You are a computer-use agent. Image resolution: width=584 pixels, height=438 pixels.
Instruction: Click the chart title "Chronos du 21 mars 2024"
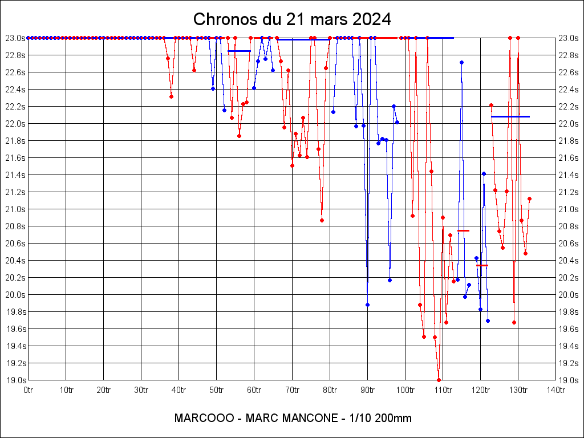click(292, 19)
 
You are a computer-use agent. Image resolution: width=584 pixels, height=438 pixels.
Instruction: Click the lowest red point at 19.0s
click(439, 380)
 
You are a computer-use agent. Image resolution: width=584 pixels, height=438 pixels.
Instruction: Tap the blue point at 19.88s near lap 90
click(367, 305)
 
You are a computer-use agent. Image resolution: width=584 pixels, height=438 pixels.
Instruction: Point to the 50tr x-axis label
click(216, 390)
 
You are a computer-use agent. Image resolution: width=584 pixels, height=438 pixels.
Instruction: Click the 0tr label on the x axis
click(29, 390)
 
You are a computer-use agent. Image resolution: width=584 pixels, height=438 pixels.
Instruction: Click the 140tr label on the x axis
click(555, 390)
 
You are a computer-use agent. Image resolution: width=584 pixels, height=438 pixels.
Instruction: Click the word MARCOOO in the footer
click(204, 418)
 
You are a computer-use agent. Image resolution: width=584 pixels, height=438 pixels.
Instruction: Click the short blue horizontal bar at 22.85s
click(239, 51)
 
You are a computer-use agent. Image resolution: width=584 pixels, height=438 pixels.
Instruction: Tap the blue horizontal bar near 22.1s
click(510, 116)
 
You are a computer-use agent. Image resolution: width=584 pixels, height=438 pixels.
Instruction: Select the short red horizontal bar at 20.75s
click(463, 230)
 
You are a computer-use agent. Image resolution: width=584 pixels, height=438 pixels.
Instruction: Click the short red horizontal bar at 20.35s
click(482, 265)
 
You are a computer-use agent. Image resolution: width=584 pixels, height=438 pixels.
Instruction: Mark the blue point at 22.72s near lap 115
click(461, 62)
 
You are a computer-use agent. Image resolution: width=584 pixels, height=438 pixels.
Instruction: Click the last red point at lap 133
click(529, 198)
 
